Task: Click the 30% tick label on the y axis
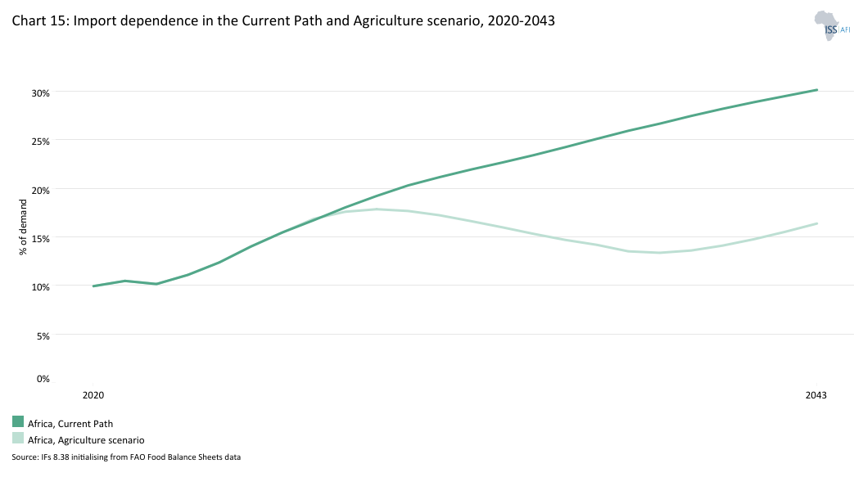pyautogui.click(x=41, y=92)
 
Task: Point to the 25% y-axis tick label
pyautogui.click(x=41, y=141)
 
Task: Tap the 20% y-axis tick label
pyautogui.click(x=41, y=190)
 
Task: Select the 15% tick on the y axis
pyautogui.click(x=41, y=238)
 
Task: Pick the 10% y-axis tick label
pyautogui.click(x=41, y=286)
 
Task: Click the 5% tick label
pyautogui.click(x=43, y=335)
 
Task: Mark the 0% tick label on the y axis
pyautogui.click(x=43, y=378)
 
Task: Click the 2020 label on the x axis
pyautogui.click(x=93, y=395)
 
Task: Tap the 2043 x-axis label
pyautogui.click(x=816, y=395)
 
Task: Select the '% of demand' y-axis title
pyautogui.click(x=23, y=232)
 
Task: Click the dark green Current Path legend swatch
pyautogui.click(x=18, y=421)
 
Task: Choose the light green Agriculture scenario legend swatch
pyautogui.click(x=18, y=439)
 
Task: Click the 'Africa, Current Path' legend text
pyautogui.click(x=70, y=424)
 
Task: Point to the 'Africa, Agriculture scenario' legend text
pyautogui.click(x=86, y=440)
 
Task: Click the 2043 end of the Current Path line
pyautogui.click(x=817, y=90)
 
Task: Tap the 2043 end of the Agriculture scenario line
pyautogui.click(x=817, y=223)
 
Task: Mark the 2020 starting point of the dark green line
pyautogui.click(x=94, y=286)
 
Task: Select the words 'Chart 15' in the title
pyautogui.click(x=39, y=22)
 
